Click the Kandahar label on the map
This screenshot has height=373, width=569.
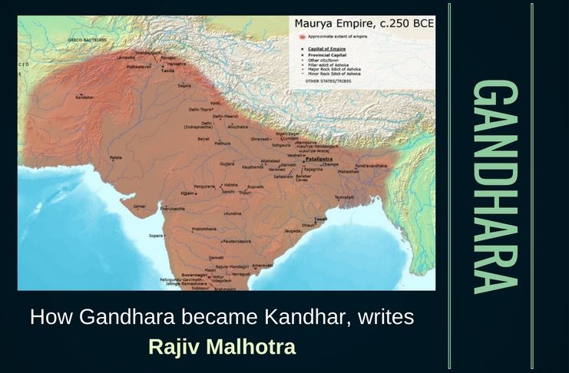tap(84, 97)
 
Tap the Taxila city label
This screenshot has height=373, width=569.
tap(167, 70)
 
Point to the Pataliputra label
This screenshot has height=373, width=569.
tap(318, 160)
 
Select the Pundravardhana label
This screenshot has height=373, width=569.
tap(375, 163)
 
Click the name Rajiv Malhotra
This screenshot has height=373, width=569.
tap(222, 347)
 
